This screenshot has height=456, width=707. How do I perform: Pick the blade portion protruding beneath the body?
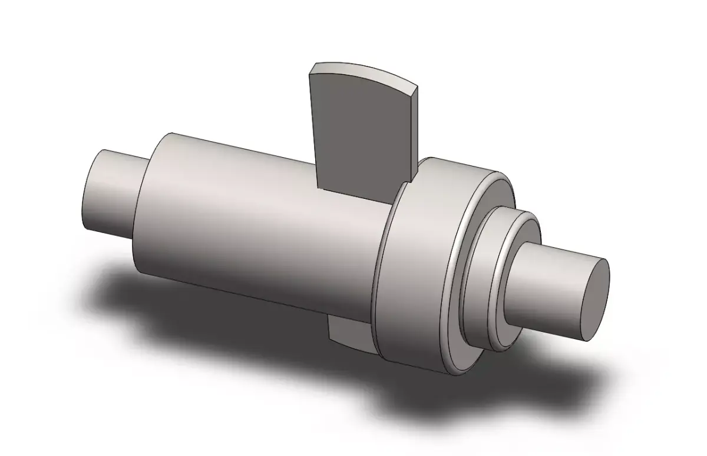tap(348, 332)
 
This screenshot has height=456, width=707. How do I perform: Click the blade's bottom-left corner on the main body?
tap(319, 188)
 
